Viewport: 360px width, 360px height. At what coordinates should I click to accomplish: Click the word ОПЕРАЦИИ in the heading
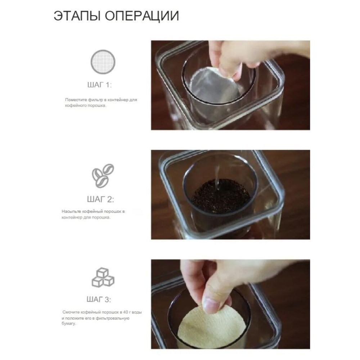pos(141,17)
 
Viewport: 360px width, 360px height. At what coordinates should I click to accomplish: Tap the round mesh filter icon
pos(102,62)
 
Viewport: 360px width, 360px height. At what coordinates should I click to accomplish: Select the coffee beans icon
pos(102,175)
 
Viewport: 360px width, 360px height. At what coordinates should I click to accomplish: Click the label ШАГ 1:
pos(99,85)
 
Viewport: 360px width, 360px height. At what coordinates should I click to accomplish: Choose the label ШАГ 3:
pos(99,300)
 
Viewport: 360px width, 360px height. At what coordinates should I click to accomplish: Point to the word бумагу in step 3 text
pos(69,324)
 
